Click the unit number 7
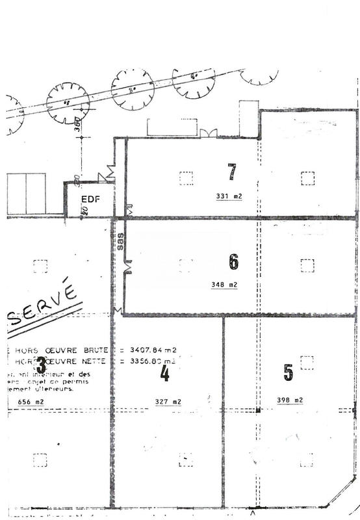232,172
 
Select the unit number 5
289,372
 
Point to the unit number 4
164,373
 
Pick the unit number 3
40,363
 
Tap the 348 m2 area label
225,285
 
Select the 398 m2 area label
290,400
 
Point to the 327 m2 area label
167,402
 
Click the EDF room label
90,200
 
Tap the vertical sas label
120,241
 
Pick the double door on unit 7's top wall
208,133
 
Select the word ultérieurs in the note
55,390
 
